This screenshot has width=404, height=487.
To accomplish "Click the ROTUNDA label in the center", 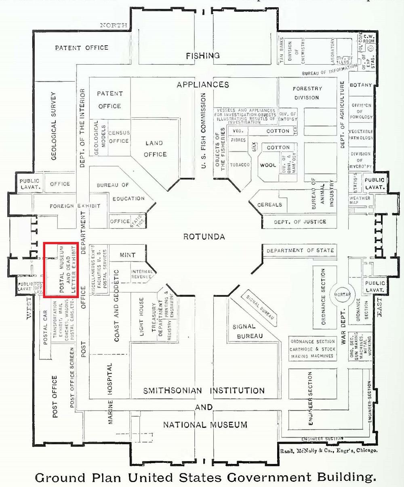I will tap(204, 237).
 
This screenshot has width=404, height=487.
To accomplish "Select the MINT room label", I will tap(127, 255).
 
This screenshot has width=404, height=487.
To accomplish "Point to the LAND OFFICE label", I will tap(155, 148).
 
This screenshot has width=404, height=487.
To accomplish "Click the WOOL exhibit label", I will tap(267, 165).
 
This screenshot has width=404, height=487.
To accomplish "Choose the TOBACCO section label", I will tap(240, 165).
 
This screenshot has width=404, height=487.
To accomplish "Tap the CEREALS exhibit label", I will tap(269, 205).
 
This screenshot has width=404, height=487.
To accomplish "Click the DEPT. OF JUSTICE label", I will tap(300, 222).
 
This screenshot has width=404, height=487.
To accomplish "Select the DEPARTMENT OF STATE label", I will tap(300, 250).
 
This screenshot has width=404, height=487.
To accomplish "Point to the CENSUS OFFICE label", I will tap(118, 137).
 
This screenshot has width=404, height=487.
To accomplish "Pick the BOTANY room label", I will tap(360, 85).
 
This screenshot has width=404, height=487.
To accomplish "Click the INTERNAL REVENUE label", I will tap(142, 274).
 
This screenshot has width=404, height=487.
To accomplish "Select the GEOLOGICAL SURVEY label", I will tap(55, 125).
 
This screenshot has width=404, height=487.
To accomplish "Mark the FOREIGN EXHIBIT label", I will tap(75, 206).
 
